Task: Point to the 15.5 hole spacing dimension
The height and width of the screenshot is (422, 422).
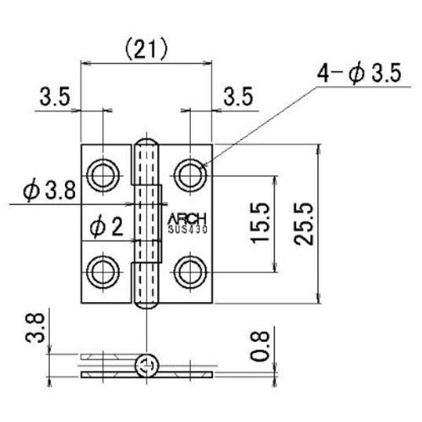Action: click(x=260, y=224)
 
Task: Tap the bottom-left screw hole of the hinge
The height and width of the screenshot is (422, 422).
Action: click(x=104, y=272)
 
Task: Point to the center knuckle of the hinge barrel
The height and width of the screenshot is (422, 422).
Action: click(x=150, y=224)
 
